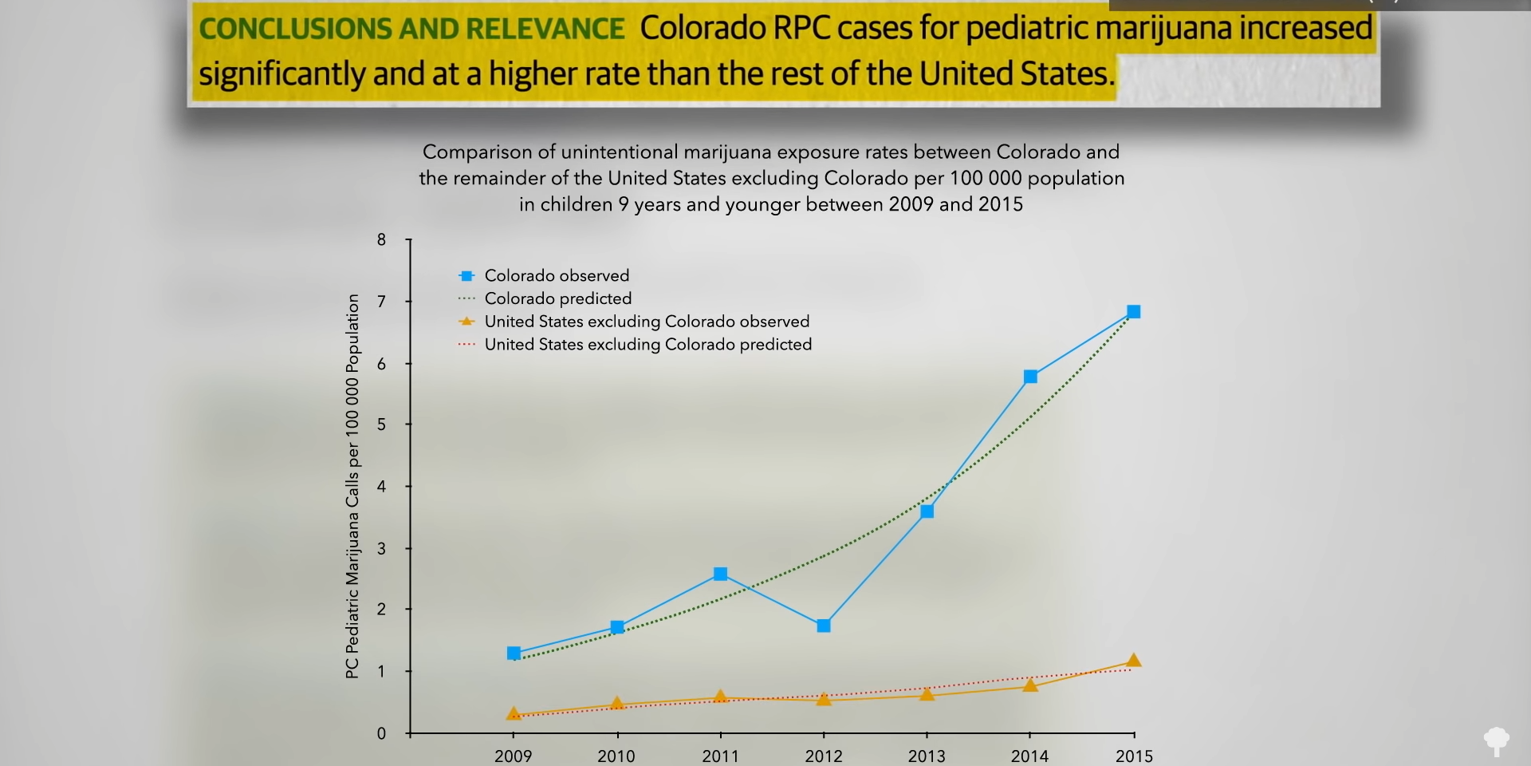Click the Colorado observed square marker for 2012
click(824, 626)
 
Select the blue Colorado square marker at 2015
click(1134, 312)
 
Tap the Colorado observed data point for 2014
click(1030, 377)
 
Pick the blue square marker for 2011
click(721, 574)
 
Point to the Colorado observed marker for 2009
click(514, 653)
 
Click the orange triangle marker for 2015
click(1134, 661)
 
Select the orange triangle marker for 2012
click(824, 699)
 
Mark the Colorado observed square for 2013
click(927, 511)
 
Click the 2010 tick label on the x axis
click(616, 756)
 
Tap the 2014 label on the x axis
click(1030, 756)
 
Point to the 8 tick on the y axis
click(381, 239)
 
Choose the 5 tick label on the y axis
click(381, 424)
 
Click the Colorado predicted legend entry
click(545, 298)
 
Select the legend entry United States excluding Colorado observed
click(634, 322)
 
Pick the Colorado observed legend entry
click(544, 275)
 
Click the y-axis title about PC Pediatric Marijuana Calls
click(352, 487)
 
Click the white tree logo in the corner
click(1497, 741)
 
